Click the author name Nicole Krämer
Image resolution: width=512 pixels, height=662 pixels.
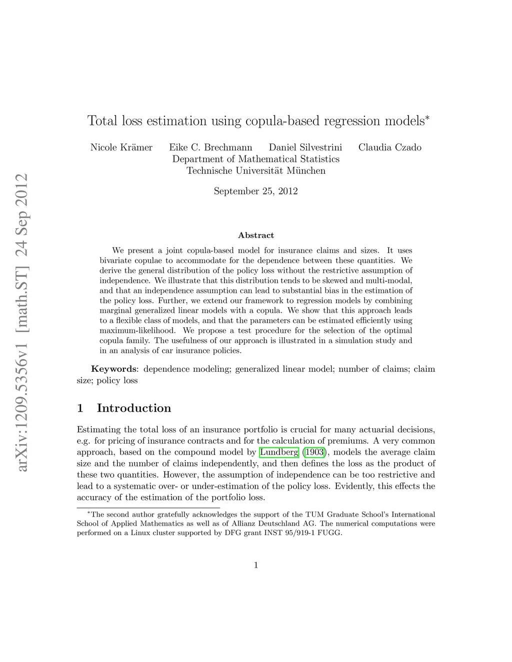click(121, 147)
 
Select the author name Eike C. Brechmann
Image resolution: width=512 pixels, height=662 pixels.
click(210, 147)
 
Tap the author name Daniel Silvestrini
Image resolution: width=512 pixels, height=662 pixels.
click(305, 147)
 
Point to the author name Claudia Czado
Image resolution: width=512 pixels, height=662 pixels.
click(389, 147)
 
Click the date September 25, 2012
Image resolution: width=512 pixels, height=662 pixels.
click(255, 191)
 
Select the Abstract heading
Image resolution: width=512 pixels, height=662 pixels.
click(255, 235)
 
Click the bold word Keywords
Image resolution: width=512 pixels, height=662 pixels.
click(113, 369)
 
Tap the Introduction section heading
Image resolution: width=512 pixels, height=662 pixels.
click(133, 408)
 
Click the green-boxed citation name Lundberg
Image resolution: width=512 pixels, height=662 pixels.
click(279, 453)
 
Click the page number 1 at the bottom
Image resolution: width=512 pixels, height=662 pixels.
click(256, 565)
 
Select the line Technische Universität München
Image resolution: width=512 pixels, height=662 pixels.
click(255, 171)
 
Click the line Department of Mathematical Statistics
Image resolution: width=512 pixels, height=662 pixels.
click(255, 159)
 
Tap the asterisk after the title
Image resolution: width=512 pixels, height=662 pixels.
click(426, 118)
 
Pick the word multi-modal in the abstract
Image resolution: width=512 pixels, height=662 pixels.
click(392, 280)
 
